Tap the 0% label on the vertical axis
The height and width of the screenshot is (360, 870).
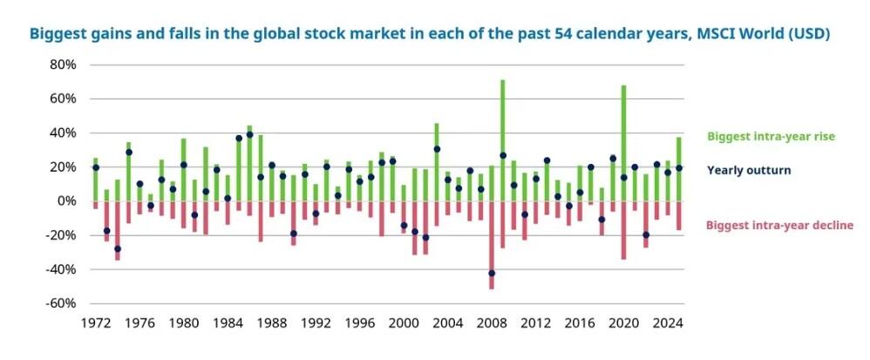click(69, 201)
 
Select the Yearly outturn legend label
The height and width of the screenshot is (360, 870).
click(748, 170)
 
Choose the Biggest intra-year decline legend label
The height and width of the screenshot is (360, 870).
click(774, 226)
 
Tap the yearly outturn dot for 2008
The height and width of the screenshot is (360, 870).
click(492, 274)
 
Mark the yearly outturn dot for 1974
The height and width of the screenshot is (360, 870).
click(118, 249)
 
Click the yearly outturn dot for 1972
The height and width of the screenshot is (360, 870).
click(95, 167)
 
